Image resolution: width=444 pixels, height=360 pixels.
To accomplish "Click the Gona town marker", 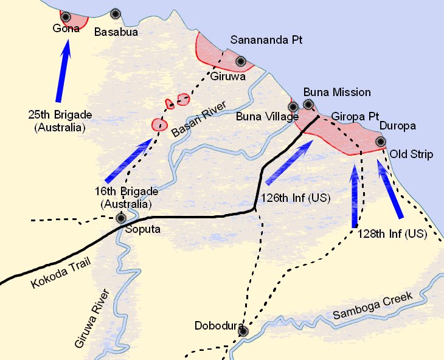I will point(65,16).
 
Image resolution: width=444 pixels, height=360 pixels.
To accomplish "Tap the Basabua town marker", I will point(116,13).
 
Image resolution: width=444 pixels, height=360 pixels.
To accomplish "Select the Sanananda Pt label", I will point(266,40).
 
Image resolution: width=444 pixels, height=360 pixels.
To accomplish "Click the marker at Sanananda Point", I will point(241,61).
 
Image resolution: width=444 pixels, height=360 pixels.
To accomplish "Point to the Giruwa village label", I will point(227,77).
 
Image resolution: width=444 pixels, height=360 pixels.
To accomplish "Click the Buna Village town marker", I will point(293,107).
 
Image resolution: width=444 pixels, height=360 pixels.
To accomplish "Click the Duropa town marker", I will point(381,141).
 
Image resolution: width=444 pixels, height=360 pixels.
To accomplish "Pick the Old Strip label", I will point(411,154).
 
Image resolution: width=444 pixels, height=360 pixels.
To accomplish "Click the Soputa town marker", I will point(122,218).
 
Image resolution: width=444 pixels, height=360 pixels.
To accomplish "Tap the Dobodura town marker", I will point(243,331).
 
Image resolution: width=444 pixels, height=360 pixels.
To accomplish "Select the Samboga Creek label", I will point(373,306).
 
